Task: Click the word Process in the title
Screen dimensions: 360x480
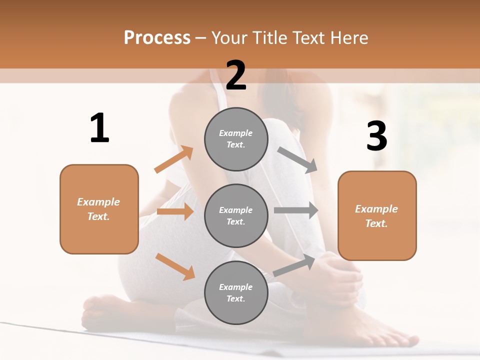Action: (157, 38)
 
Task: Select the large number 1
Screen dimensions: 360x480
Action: (99, 128)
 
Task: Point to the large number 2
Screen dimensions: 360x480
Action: (236, 75)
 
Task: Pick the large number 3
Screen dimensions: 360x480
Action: (376, 136)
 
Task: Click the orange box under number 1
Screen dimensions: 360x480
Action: (99, 209)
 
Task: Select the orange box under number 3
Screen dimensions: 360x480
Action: (377, 216)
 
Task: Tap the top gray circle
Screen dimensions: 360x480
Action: (236, 139)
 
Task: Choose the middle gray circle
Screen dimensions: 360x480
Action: (236, 215)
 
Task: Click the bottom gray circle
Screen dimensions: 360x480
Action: (236, 292)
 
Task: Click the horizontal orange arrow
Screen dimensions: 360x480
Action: (175, 211)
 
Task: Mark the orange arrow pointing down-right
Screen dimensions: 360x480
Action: (175, 266)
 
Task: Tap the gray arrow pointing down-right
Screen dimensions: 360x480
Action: (297, 160)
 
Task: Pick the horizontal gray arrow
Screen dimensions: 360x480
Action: (296, 210)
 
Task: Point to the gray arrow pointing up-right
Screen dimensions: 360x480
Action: (294, 266)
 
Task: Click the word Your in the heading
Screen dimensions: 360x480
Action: (230, 38)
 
